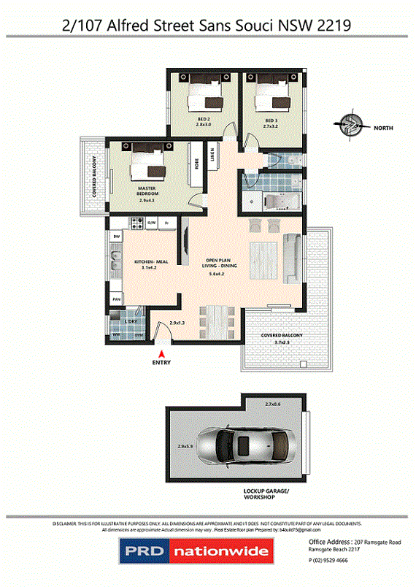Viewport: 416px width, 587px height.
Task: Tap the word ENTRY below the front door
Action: (162, 362)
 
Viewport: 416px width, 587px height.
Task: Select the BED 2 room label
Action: (204, 120)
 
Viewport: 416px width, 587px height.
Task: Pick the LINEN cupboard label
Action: (213, 154)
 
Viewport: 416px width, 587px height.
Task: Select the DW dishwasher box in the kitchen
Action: (116, 237)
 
